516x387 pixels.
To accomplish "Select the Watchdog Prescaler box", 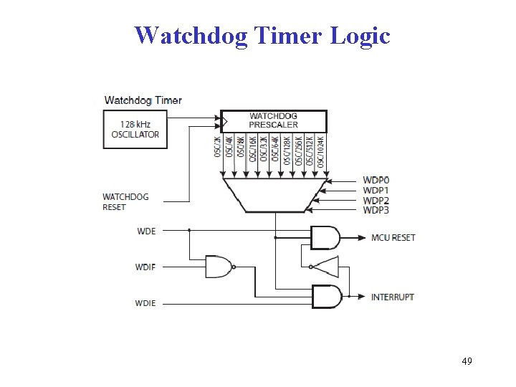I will [273, 120].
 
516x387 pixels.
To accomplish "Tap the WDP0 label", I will [376, 180].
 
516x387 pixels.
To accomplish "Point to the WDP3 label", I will [376, 210].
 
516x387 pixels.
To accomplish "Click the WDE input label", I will [145, 231].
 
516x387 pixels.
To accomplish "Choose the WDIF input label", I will [145, 267].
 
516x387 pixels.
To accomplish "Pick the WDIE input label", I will [145, 302].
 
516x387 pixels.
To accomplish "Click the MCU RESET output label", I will [393, 237].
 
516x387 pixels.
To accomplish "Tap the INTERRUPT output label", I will [392, 297].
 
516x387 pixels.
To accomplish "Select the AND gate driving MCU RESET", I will [325, 236].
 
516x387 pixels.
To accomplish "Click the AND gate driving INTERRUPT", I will [325, 296].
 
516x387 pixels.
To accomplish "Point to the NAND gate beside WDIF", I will [219, 267].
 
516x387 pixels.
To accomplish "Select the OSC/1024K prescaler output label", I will [321, 150].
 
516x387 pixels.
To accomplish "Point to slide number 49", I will [467, 360].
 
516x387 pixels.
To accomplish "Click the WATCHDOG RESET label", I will [125, 201].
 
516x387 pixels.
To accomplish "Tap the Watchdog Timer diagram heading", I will [143, 100].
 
